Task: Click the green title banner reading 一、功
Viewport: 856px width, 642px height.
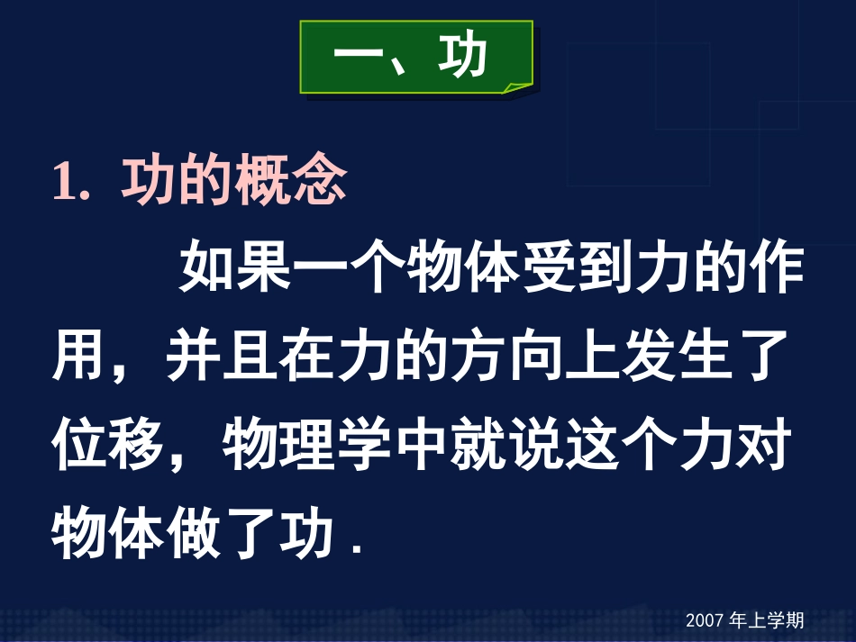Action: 415,58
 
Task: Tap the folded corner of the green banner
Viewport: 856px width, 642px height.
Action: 518,86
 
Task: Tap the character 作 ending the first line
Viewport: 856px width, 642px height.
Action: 776,267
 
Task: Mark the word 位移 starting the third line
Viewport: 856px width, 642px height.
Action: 108,444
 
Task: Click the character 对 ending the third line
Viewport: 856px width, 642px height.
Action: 764,444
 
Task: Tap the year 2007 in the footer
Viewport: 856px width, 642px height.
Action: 706,620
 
